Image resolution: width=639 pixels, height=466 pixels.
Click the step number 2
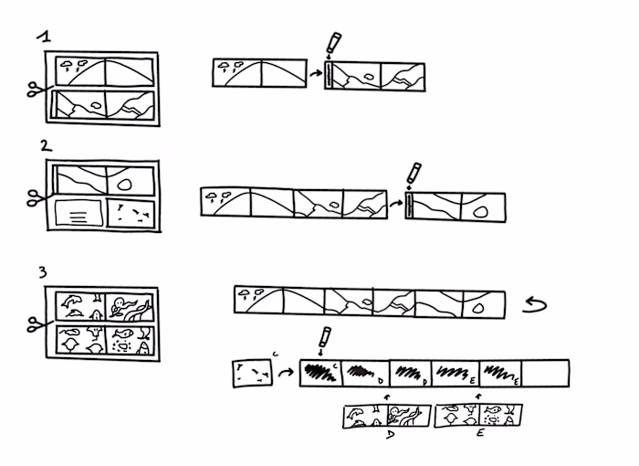pyautogui.click(x=46, y=146)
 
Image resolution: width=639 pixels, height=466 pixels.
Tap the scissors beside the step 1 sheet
pyautogui.click(x=36, y=90)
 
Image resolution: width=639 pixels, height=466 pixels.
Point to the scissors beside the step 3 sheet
pyautogui.click(x=36, y=323)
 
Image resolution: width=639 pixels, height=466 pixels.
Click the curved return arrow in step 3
pyautogui.click(x=534, y=304)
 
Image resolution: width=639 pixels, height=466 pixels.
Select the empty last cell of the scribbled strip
pyautogui.click(x=546, y=372)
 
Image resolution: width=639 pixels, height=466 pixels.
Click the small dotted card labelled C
pyautogui.click(x=251, y=373)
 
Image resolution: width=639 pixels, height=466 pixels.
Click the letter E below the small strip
pyautogui.click(x=480, y=431)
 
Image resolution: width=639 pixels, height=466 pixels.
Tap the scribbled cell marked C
pyautogui.click(x=319, y=372)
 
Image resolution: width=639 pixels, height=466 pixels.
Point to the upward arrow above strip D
pyautogui.click(x=389, y=396)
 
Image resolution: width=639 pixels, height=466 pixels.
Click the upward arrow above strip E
pyautogui.click(x=480, y=396)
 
